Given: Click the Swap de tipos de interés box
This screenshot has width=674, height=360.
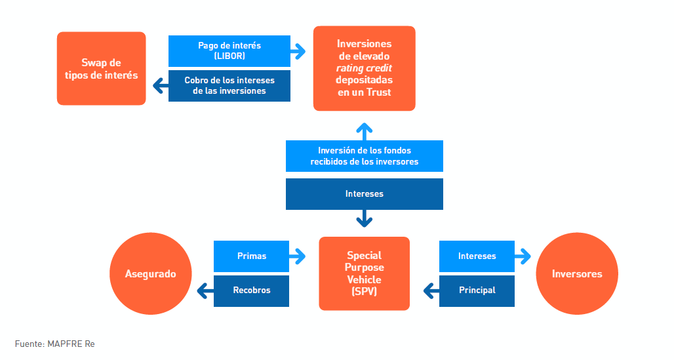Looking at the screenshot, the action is [102, 68].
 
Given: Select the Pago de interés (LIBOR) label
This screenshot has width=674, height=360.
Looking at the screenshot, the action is [229, 51].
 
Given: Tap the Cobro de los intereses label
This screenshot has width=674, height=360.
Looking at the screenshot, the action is [229, 86].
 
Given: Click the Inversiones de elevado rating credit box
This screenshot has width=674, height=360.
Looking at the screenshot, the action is [364, 68].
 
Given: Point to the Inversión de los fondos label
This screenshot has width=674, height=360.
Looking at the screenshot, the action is [364, 156].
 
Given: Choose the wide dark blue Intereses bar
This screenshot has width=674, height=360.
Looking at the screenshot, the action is [364, 194].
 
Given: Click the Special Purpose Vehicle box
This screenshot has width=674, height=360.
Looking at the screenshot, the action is [364, 273].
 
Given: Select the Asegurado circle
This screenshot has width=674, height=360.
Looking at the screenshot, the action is [150, 273].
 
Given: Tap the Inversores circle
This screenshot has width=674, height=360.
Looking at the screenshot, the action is [577, 273].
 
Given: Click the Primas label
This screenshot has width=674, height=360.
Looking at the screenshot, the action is [252, 256].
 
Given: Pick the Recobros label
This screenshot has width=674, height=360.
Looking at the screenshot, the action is [252, 290].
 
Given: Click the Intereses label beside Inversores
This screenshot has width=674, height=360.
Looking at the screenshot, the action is [477, 256].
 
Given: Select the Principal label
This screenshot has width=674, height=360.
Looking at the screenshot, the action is [477, 290].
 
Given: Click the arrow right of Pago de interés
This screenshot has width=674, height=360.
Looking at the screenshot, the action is [298, 51].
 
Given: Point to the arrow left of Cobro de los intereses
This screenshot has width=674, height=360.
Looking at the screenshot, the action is [161, 86].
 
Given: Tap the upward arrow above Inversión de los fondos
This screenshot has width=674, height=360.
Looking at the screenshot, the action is [364, 132].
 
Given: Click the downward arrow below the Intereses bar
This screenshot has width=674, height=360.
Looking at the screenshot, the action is [364, 218].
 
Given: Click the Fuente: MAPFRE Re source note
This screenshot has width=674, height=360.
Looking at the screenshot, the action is [54, 344].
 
